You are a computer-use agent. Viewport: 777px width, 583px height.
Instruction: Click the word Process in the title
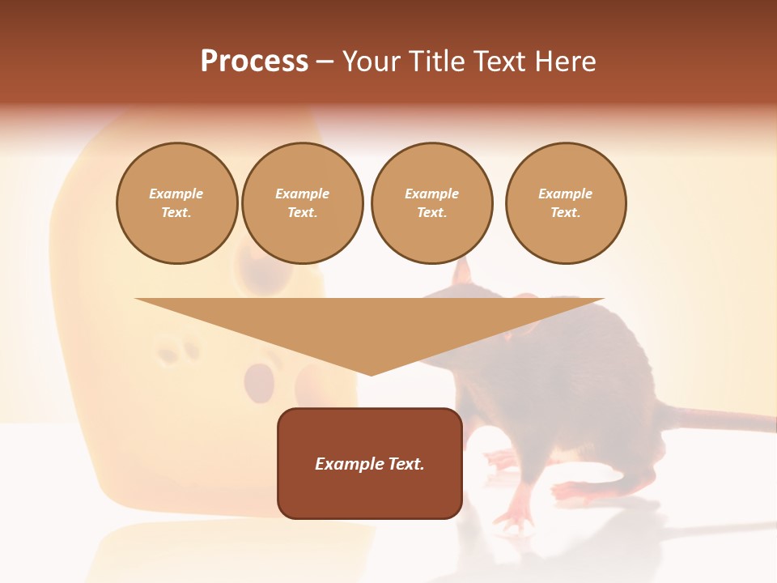(254, 62)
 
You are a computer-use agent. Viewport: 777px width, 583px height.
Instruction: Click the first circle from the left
(176, 203)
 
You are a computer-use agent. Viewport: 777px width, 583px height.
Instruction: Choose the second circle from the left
(302, 203)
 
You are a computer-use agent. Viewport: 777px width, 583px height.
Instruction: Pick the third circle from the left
(431, 203)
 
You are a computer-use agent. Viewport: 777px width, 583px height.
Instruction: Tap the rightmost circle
(565, 203)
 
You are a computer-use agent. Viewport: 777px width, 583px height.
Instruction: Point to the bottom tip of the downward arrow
(371, 373)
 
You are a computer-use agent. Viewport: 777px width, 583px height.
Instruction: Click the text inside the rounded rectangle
(370, 464)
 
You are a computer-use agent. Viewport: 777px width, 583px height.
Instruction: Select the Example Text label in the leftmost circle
(176, 203)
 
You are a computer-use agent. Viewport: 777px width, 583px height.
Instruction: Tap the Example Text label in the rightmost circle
(565, 203)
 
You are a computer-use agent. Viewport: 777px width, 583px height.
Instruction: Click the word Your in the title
(374, 62)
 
